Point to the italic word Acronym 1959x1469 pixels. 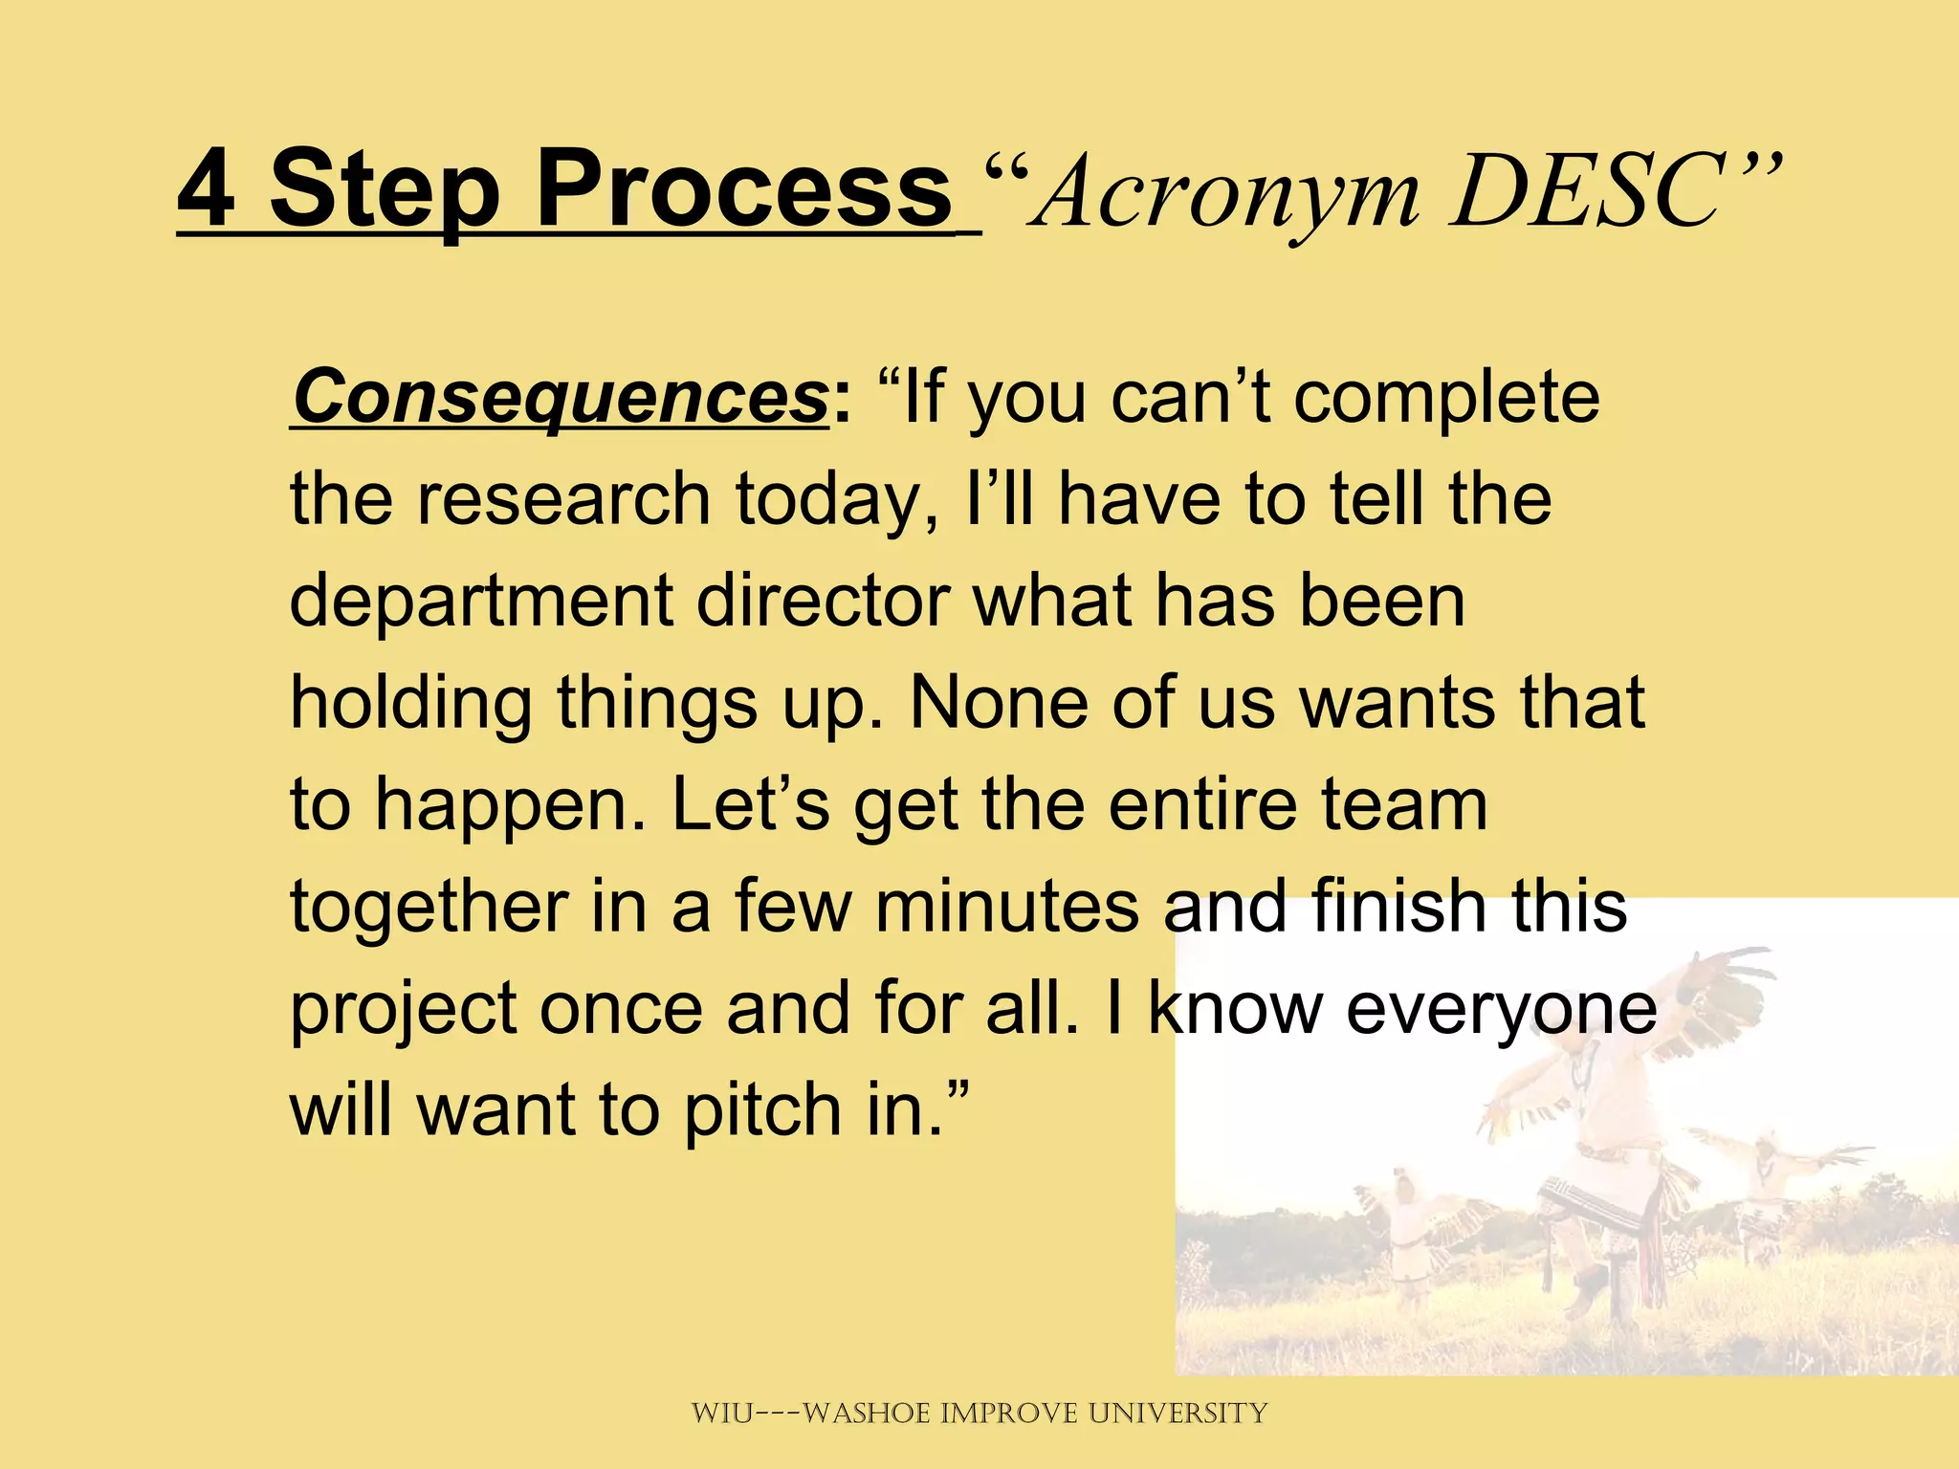point(1228,196)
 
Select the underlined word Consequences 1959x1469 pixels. point(560,397)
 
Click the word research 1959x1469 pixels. point(563,499)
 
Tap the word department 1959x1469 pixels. point(481,603)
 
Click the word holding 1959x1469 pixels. point(410,705)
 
